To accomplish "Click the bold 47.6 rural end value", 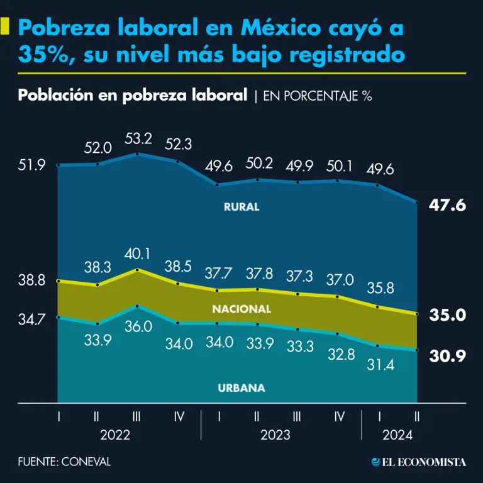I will [x=447, y=204].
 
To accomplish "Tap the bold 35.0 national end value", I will [x=447, y=315].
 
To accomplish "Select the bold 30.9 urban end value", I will [x=447, y=357].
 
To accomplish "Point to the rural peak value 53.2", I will [x=138, y=138].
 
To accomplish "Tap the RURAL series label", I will [x=241, y=207].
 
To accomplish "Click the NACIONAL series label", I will [x=241, y=309].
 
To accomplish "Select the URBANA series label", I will [x=241, y=388].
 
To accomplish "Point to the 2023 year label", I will [x=278, y=435].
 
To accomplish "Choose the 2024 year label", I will [x=398, y=435].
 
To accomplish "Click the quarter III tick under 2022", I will [x=138, y=416].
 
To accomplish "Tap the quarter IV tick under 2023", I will [x=339, y=416].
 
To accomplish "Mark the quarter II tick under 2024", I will [x=418, y=416].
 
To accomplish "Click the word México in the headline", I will [x=273, y=28].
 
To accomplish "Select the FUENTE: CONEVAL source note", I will [x=64, y=462].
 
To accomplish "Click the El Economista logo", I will [x=418, y=462].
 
